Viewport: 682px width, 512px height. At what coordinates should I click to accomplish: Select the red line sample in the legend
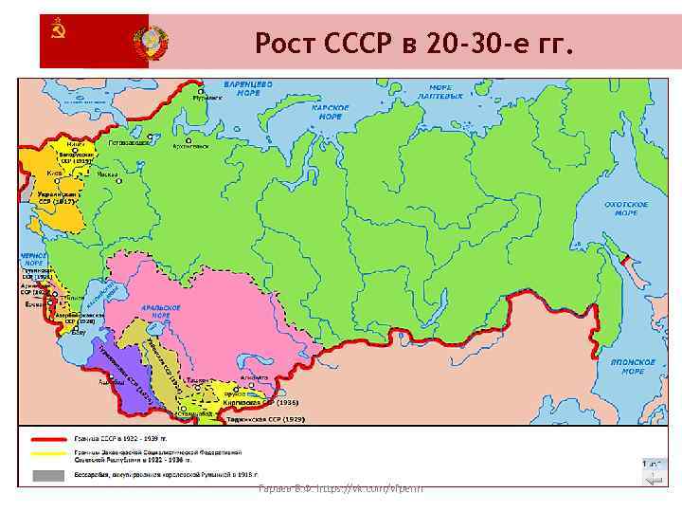[49, 439]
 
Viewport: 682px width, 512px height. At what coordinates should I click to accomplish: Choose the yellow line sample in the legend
[49, 456]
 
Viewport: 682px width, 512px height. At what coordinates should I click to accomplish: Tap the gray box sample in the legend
[49, 473]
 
